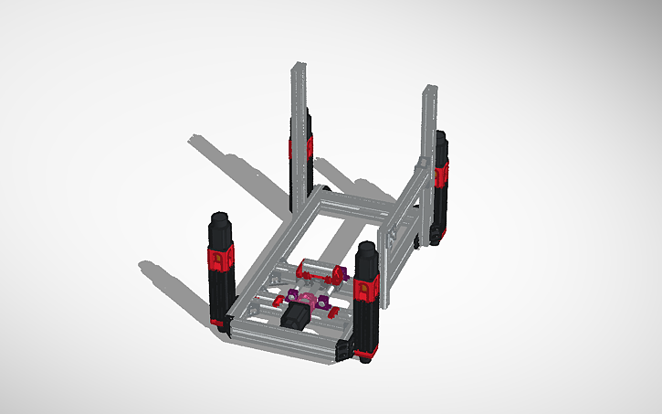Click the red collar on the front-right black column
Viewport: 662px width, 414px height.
click(367, 288)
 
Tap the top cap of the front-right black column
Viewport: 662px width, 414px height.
click(367, 248)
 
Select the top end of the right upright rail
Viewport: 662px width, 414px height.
click(429, 89)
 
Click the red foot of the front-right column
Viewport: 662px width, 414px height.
click(366, 352)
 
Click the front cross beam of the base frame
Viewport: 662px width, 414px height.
click(283, 337)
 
